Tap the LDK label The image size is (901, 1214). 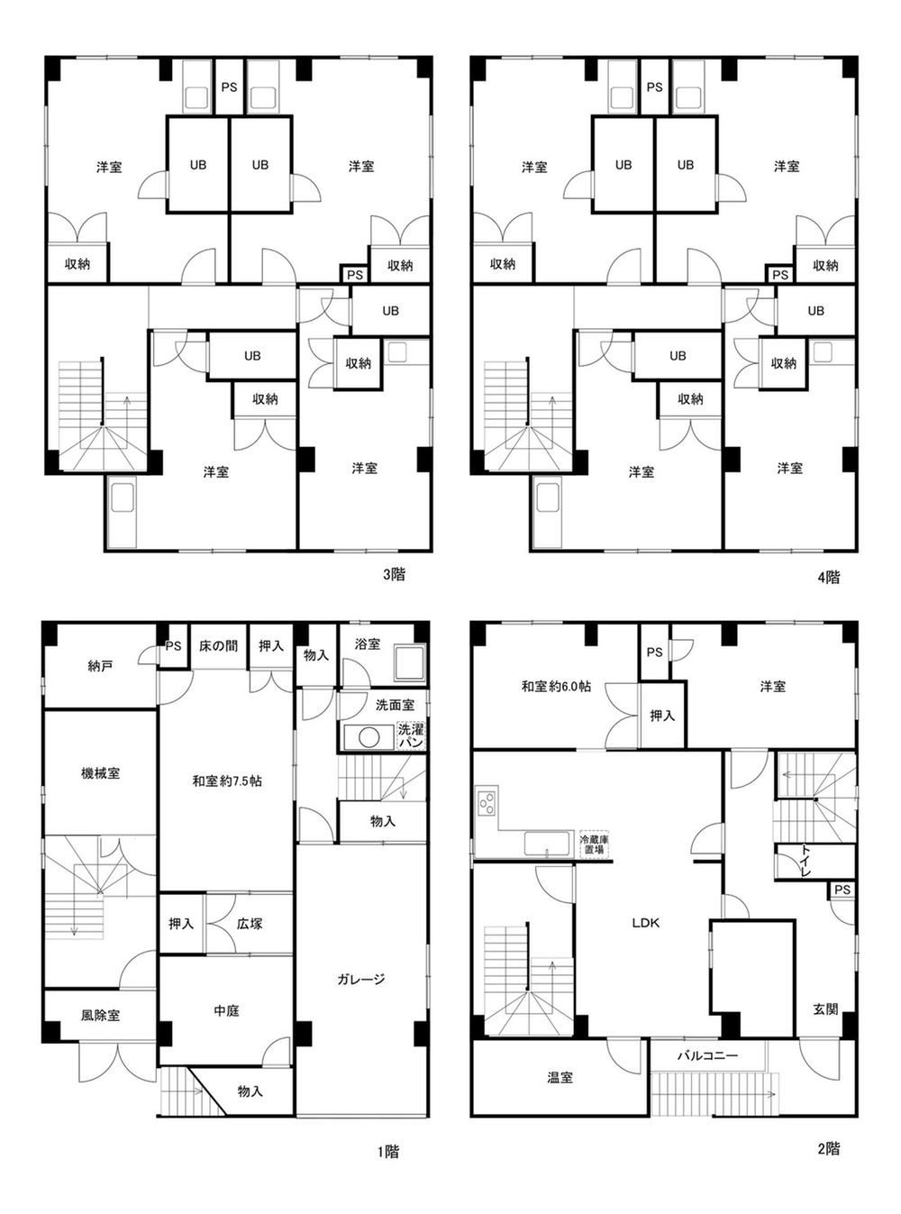pos(646,923)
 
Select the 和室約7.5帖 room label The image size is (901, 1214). pos(227,781)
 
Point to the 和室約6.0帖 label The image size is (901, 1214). pos(556,687)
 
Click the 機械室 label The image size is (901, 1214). pos(100,773)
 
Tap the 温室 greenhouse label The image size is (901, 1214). pos(560,1077)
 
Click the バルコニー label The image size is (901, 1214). pos(708,1055)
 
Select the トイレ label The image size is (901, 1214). pos(805,861)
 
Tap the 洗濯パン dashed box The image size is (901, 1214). pos(410,736)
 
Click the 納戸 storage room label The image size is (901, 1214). pos(100,666)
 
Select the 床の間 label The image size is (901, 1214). pos(218,646)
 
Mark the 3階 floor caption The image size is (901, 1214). pos(394,575)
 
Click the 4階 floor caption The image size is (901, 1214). pos(828,577)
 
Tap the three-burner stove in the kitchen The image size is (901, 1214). pos(487,801)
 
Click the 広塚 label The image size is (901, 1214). pos(250,924)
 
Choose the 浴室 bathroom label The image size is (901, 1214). pos(367,644)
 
